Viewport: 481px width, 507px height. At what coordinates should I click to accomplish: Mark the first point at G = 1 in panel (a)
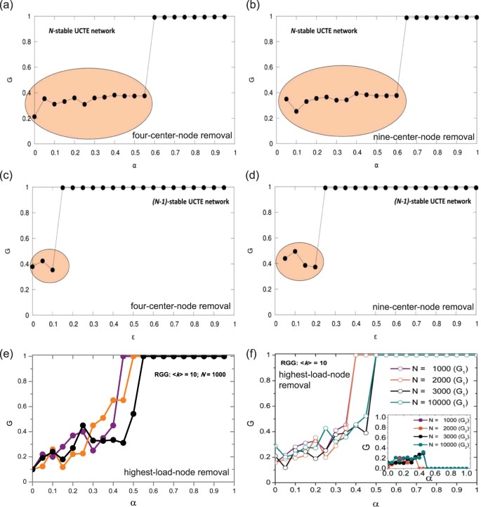pyautogui.click(x=154, y=17)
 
